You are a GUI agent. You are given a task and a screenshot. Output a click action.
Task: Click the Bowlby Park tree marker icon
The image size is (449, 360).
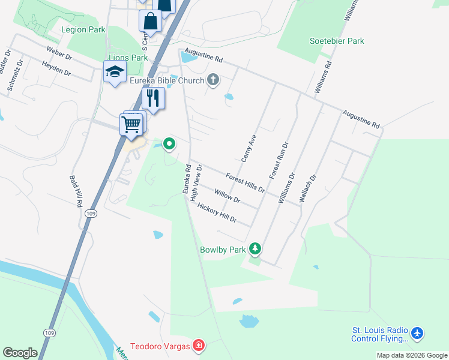point(256,248)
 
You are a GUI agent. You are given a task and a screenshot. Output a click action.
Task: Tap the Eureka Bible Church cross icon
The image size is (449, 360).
point(213,80)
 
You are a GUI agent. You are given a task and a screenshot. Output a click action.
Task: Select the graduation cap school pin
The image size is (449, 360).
point(114,72)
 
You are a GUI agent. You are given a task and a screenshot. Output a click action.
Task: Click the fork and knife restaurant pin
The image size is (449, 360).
point(153,98)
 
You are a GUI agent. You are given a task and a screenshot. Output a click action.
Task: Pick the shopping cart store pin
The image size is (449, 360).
point(131,125)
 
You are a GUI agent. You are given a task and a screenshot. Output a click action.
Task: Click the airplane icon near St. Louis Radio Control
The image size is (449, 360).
point(418,332)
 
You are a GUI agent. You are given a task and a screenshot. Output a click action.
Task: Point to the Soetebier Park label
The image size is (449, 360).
point(337,41)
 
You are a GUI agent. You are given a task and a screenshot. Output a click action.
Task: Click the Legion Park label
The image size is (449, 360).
point(83,29)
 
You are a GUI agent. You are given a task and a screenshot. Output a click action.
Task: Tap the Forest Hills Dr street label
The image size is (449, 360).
point(245,182)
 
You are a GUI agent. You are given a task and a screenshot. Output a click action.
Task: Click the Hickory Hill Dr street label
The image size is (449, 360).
point(217,213)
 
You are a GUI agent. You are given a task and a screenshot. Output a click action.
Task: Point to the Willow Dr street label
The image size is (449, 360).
point(227,196)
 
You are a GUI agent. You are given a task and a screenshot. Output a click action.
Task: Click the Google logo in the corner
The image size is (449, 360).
point(20,353)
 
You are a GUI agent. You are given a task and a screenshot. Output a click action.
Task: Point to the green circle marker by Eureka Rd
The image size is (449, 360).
point(169,143)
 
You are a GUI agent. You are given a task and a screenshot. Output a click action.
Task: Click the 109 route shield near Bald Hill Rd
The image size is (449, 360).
point(90,213)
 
